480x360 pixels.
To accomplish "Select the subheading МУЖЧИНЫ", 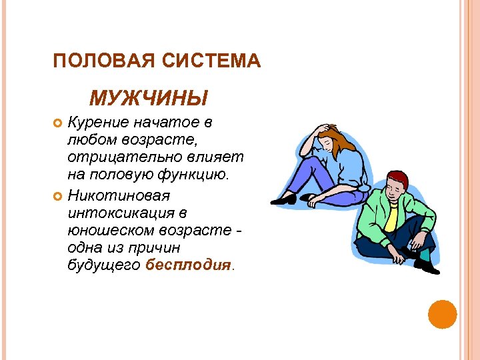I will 148,99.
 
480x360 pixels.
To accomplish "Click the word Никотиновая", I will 119,196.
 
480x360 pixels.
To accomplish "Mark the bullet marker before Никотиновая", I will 57,197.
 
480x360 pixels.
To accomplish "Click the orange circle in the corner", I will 442,314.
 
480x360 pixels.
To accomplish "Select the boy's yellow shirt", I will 391,217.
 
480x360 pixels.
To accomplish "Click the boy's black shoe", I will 427,266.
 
